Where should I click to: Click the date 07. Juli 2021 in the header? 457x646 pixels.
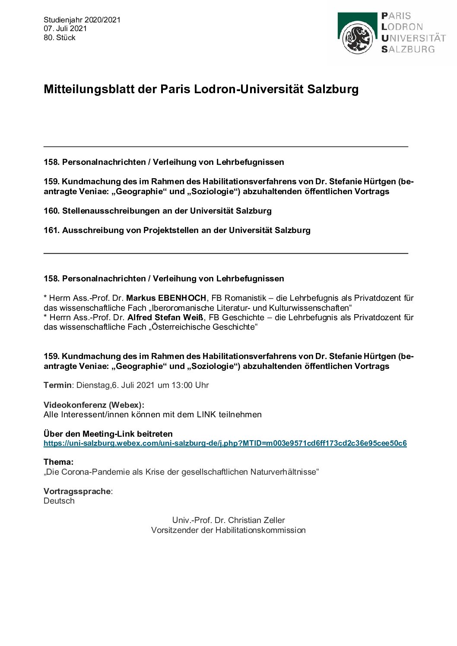pyautogui.click(x=65, y=28)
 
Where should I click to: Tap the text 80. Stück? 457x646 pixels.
pyautogui.click(x=60, y=38)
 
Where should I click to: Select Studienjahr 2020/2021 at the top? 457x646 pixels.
pyautogui.click(x=82, y=20)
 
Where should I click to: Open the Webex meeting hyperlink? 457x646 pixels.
pyautogui.click(x=225, y=443)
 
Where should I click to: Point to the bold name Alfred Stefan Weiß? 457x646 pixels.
pyautogui.click(x=166, y=318)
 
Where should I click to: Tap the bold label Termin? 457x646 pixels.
pyautogui.click(x=57, y=385)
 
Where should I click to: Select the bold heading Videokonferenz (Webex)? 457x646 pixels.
pyautogui.click(x=94, y=405)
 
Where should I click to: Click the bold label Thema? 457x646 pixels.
pyautogui.click(x=58, y=462)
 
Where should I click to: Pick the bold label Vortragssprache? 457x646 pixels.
pyautogui.click(x=77, y=491)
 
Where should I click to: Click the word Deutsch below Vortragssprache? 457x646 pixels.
pyautogui.click(x=59, y=501)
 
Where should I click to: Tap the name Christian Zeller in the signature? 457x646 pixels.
pyautogui.click(x=257, y=520)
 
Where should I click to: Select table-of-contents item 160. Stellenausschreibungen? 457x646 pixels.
pyautogui.click(x=158, y=211)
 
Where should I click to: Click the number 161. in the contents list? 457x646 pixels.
pyautogui.click(x=51, y=230)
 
